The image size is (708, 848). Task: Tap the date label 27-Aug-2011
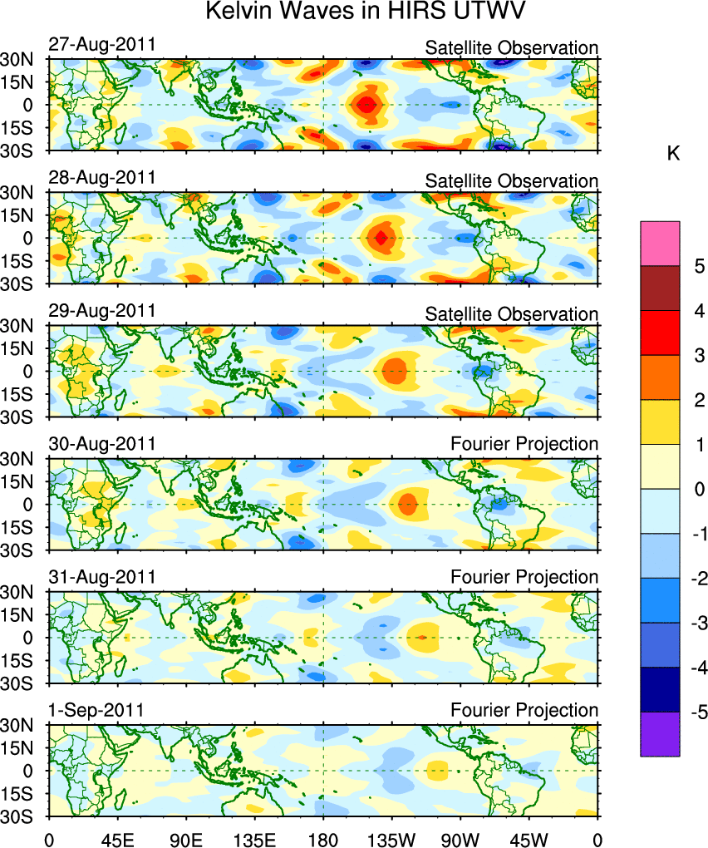(x=101, y=44)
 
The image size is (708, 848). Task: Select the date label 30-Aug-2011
(x=101, y=444)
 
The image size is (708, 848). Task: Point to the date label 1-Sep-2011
(x=96, y=710)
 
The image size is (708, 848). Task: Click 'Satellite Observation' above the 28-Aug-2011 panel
(x=511, y=181)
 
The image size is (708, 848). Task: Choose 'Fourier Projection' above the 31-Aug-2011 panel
(x=524, y=577)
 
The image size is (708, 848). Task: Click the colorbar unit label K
(x=675, y=154)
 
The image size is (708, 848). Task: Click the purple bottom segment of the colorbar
(x=660, y=734)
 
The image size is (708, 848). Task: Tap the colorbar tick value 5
(x=700, y=266)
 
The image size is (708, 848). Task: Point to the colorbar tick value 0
(x=700, y=489)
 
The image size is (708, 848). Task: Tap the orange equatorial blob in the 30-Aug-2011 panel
(x=408, y=503)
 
